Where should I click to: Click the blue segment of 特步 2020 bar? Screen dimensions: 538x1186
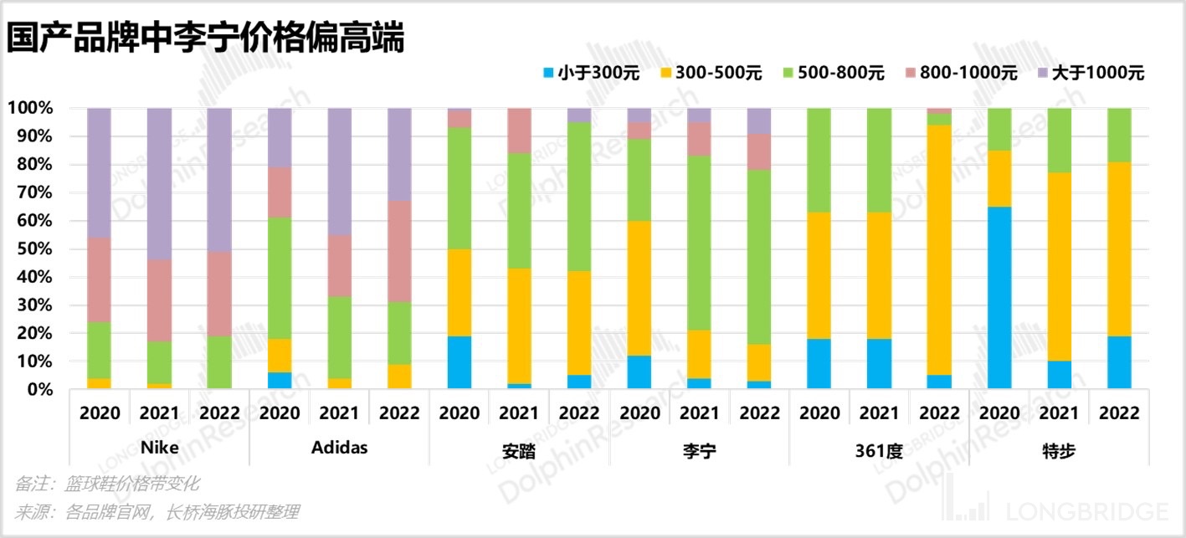point(999,298)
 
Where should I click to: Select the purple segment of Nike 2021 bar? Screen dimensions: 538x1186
point(160,183)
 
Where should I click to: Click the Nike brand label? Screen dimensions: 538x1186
point(159,448)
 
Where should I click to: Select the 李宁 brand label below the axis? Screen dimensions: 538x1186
point(699,450)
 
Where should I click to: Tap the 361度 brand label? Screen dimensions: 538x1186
point(879,450)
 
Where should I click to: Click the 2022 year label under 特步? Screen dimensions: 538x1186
point(1118,412)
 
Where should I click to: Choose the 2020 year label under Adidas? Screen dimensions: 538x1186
point(280,412)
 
